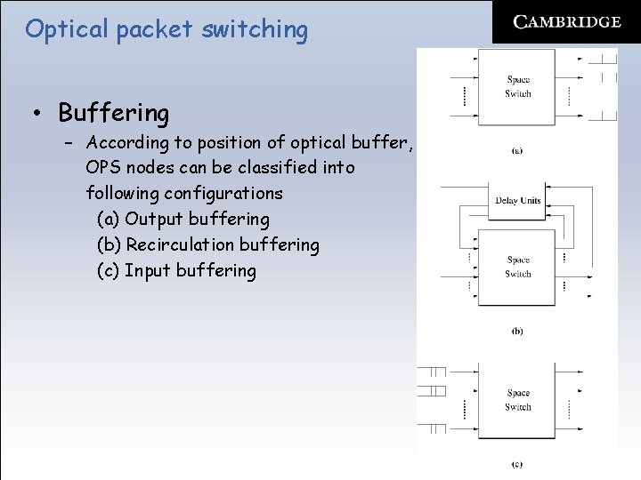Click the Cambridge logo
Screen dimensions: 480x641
[567, 21]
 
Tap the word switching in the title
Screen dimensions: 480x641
[255, 30]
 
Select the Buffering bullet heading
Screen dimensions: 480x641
[113, 113]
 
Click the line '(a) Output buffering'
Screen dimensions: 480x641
[183, 219]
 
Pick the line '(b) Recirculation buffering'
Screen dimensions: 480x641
[207, 244]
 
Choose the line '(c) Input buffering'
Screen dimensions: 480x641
[176, 270]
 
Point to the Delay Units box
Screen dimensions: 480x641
[518, 201]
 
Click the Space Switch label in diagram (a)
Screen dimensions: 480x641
[518, 86]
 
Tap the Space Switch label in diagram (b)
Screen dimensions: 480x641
[518, 267]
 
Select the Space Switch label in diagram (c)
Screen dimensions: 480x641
[518, 399]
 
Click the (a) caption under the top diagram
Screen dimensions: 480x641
[517, 150]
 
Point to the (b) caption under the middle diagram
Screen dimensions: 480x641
[517, 332]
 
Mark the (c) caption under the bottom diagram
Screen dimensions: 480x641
[517, 464]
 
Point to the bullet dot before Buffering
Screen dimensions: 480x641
[37, 114]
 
